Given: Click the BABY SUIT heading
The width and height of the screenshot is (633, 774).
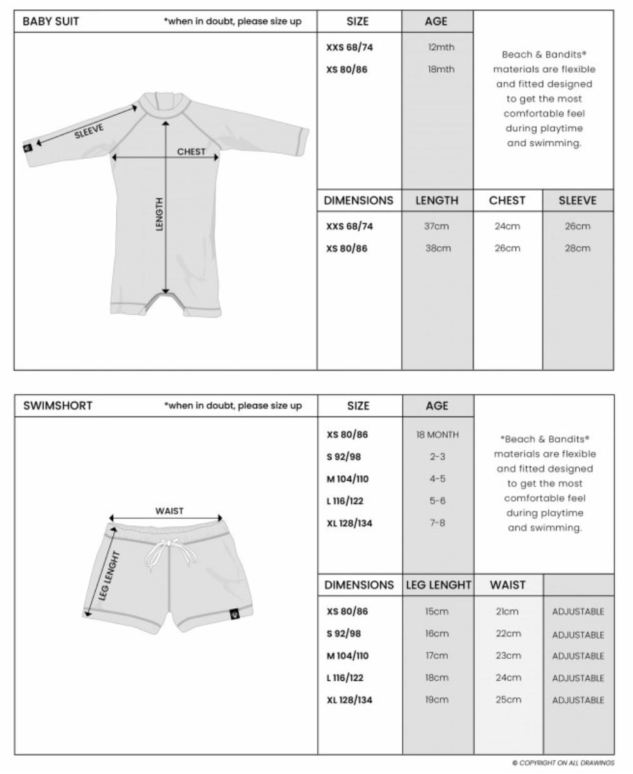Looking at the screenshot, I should (51, 21).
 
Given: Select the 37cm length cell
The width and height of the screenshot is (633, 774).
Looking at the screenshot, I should (437, 226).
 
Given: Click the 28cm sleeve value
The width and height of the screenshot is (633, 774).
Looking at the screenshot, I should (577, 248).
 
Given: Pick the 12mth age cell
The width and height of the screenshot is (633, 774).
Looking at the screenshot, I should (441, 48).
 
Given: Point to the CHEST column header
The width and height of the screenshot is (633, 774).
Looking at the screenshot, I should (507, 201).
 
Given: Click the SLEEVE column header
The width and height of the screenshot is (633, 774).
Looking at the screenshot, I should (577, 201).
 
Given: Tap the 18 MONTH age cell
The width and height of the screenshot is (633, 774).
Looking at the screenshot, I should (437, 435).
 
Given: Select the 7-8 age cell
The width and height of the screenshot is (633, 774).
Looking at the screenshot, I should (437, 523).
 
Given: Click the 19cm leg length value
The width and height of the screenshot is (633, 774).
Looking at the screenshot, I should (437, 700).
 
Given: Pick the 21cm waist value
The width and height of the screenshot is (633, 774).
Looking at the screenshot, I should (507, 611).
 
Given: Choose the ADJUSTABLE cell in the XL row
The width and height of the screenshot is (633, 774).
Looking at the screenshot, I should (578, 700).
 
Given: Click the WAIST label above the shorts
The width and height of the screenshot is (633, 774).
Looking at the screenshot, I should (170, 511).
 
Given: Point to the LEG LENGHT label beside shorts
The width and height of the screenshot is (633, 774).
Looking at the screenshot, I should (104, 576).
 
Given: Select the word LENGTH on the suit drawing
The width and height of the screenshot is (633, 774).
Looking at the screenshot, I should (160, 214).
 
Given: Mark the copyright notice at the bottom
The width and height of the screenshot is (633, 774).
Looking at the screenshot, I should (563, 763).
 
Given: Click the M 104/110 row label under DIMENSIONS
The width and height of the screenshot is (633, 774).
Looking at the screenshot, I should (348, 656).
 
